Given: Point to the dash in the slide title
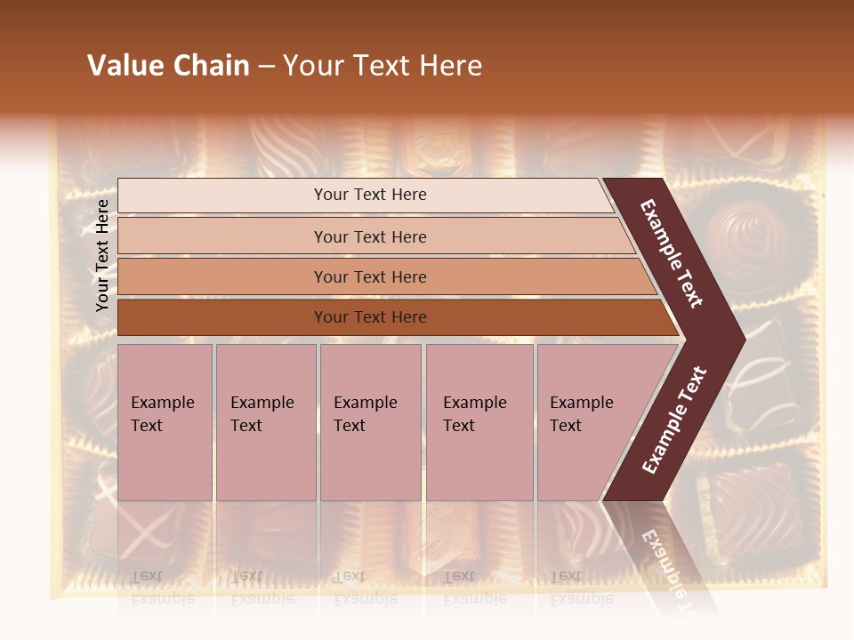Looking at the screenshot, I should (x=266, y=67).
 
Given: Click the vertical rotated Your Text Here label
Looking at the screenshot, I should (x=102, y=255).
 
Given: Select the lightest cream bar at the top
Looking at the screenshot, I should (x=369, y=195).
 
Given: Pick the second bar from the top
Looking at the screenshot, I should (x=369, y=236).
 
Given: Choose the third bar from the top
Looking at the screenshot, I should (x=369, y=276).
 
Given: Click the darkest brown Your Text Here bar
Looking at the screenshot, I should (x=369, y=317).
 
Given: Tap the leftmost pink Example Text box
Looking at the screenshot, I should (x=165, y=422).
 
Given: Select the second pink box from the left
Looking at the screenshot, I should (x=265, y=422).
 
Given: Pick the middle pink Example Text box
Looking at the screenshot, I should (x=370, y=422).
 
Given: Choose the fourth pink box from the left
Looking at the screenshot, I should (x=479, y=422).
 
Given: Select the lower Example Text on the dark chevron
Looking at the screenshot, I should (x=674, y=420).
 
